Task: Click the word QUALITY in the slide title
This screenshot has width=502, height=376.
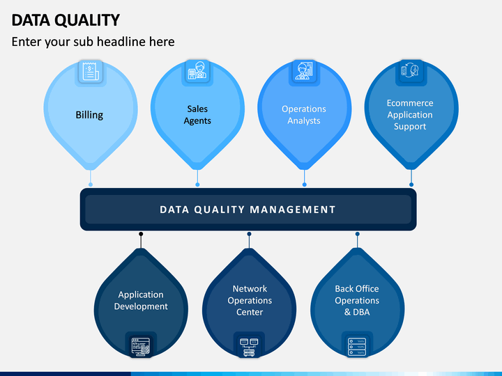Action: tap(87, 20)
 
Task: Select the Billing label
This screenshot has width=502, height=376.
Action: tap(89, 115)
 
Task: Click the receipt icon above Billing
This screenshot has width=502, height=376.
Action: tap(91, 71)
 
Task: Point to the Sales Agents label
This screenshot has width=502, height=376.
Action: tap(197, 115)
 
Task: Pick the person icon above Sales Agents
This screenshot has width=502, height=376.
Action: tap(197, 71)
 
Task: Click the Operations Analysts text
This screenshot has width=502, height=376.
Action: tap(304, 115)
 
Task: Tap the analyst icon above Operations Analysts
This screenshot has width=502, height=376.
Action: tap(304, 70)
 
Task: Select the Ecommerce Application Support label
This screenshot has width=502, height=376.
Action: tap(410, 115)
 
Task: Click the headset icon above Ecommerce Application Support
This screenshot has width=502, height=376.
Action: tap(411, 70)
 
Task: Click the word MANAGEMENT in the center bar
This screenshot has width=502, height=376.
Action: tap(293, 210)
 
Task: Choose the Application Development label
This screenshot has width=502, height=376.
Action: tap(141, 301)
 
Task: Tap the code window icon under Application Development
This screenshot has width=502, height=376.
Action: tap(141, 347)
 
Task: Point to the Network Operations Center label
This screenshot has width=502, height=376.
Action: tap(250, 301)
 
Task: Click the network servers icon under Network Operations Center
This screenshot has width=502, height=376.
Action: tap(249, 347)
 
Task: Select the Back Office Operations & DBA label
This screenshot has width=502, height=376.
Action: tap(357, 301)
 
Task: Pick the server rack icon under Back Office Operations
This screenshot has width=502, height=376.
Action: tap(357, 347)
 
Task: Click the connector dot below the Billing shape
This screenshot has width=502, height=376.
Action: tap(91, 185)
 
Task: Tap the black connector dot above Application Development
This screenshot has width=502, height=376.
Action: tap(141, 234)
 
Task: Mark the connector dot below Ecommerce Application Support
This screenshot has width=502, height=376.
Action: tap(411, 185)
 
